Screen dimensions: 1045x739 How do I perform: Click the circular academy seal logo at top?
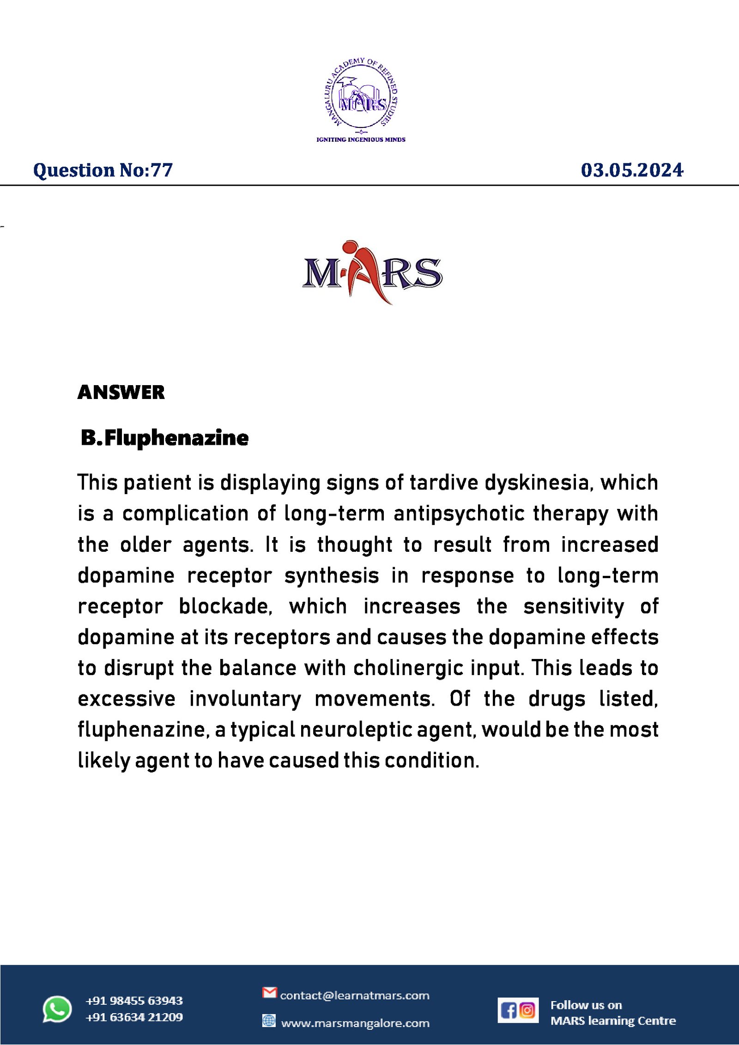click(361, 94)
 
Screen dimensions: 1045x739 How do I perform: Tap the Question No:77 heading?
click(103, 170)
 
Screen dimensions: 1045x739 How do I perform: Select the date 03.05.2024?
click(631, 170)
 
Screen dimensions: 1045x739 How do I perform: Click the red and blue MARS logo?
click(372, 272)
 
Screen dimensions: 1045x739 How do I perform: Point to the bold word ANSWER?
click(121, 392)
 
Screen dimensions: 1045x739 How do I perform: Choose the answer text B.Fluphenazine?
click(164, 438)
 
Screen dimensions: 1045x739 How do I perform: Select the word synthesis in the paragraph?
click(332, 576)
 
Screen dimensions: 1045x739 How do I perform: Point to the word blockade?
click(225, 607)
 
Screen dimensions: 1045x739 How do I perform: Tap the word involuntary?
click(245, 699)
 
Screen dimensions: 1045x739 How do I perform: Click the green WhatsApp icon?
click(57, 1009)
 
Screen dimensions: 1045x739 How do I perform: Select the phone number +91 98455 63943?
click(134, 1001)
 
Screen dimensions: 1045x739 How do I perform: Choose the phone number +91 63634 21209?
click(134, 1017)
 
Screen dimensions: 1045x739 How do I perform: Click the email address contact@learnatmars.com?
click(354, 996)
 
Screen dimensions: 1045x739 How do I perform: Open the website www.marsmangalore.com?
click(355, 1023)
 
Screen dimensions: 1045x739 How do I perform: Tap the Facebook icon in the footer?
click(509, 1011)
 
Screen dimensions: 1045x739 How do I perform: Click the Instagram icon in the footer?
click(527, 1010)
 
